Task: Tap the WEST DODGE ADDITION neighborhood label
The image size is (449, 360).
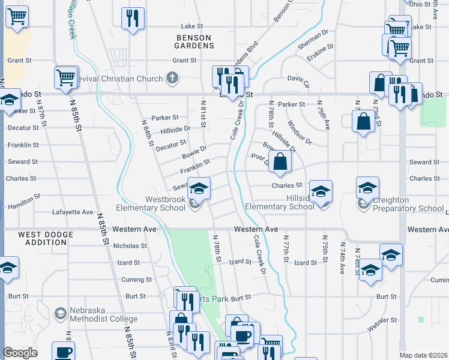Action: (x=42, y=238)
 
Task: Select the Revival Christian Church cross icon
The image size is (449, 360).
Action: (x=172, y=78)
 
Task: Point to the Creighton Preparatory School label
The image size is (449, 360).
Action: (x=408, y=205)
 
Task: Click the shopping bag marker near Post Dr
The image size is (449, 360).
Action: (x=280, y=161)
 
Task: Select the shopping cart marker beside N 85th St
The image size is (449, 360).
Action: (x=66, y=77)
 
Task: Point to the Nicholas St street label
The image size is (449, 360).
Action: (x=130, y=245)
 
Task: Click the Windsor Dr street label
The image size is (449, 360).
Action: (x=300, y=133)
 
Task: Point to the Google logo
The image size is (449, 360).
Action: (x=20, y=353)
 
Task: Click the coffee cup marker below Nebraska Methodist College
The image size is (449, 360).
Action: (x=63, y=352)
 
